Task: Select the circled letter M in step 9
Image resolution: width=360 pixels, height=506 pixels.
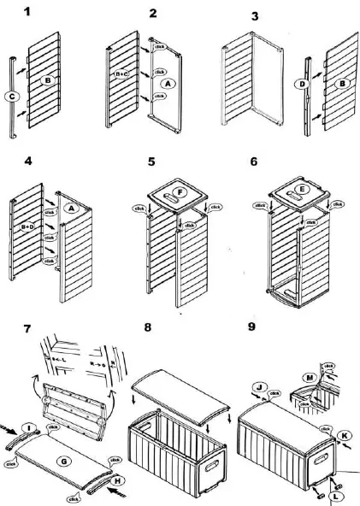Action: pyautogui.click(x=309, y=378)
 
